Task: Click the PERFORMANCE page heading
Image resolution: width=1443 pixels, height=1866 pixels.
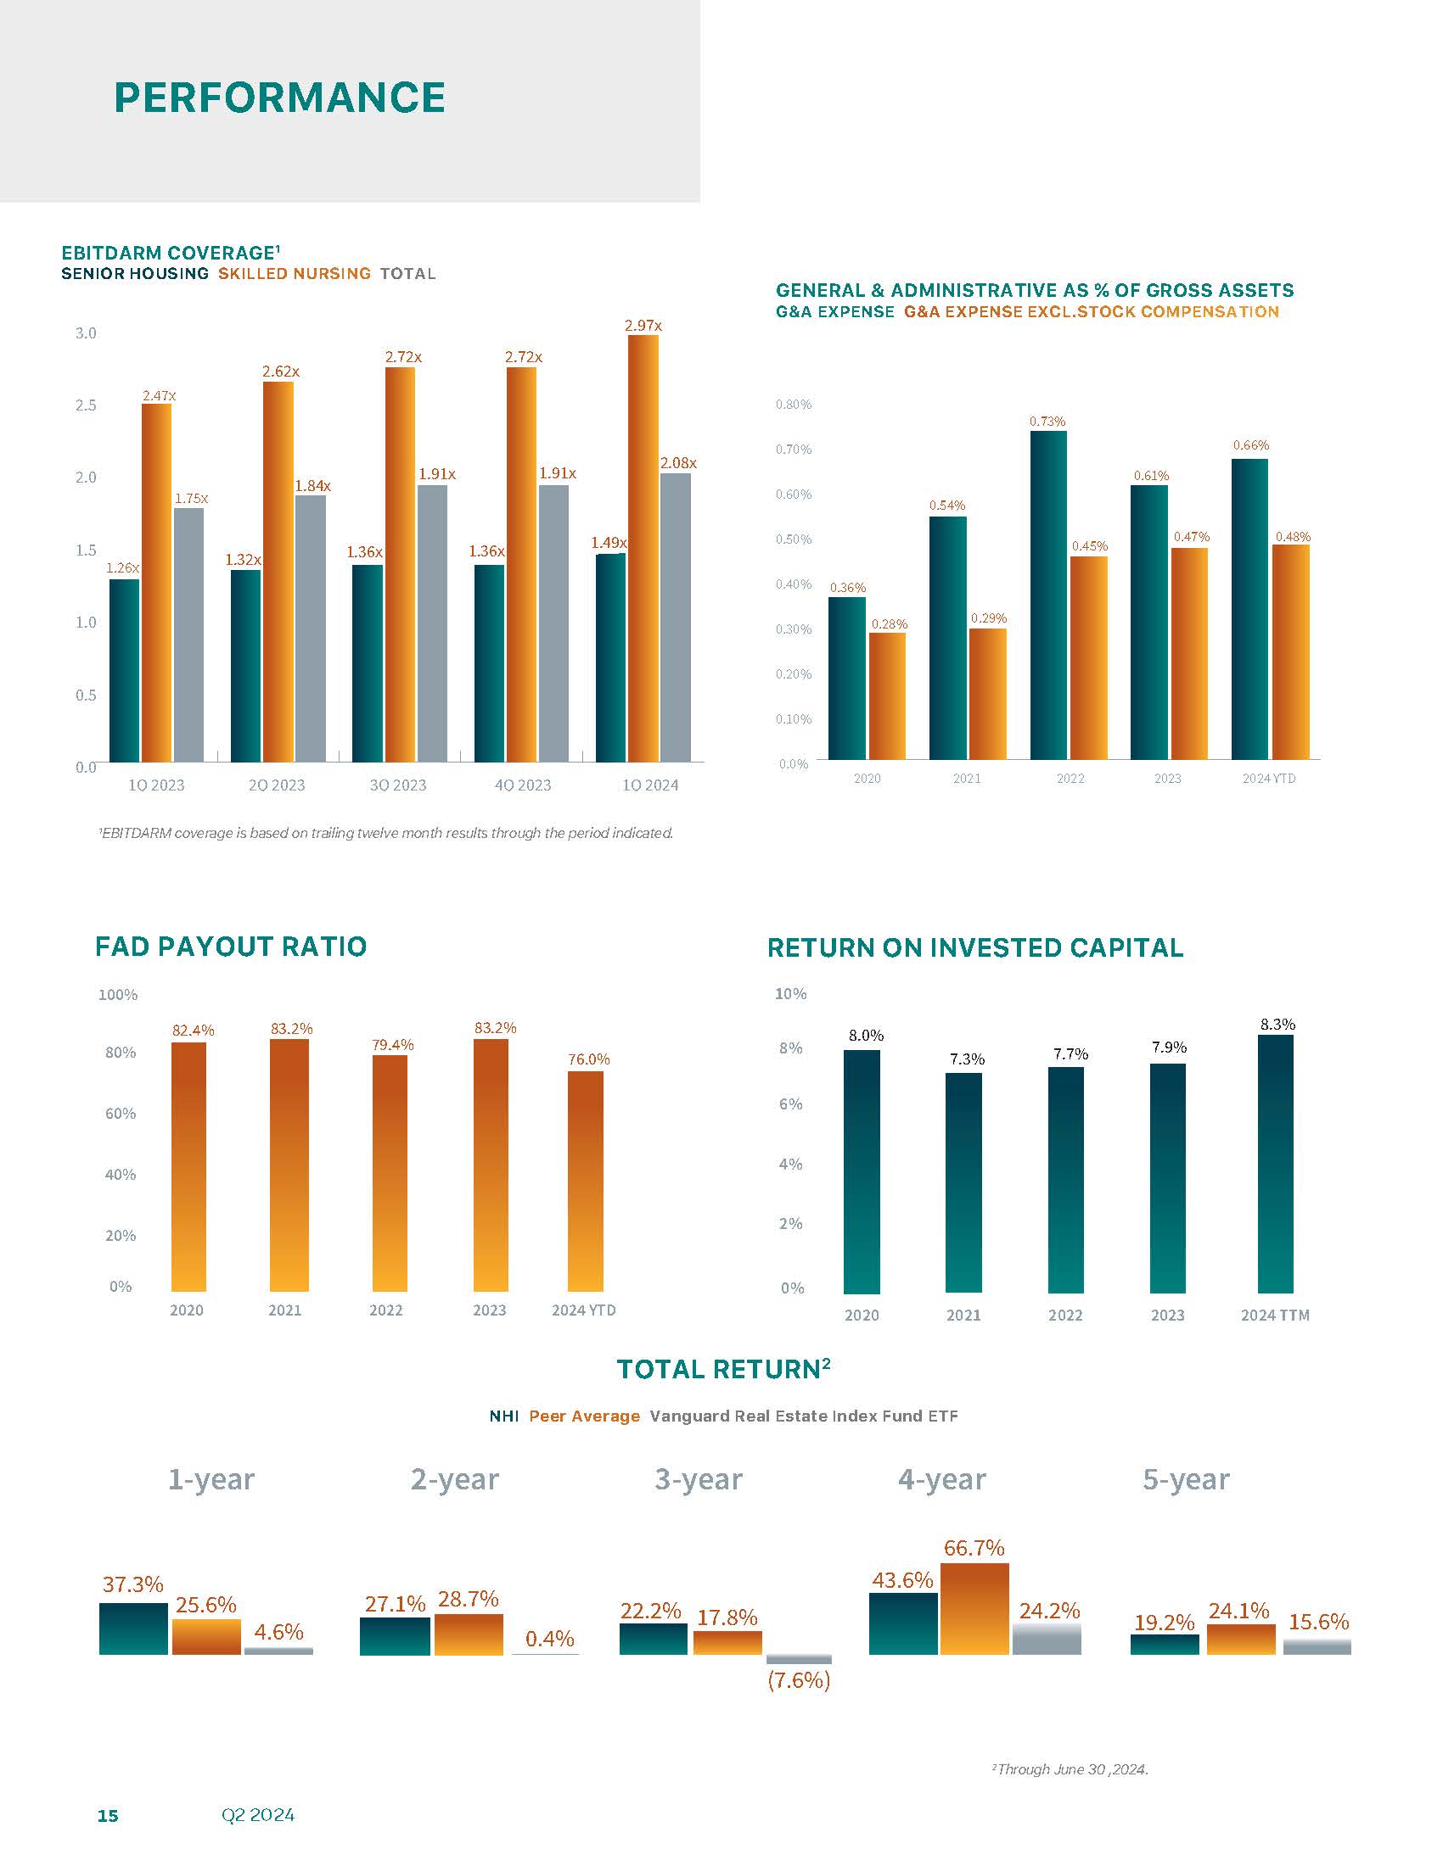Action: [x=279, y=98]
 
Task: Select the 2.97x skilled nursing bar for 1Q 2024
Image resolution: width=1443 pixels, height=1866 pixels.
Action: [x=643, y=547]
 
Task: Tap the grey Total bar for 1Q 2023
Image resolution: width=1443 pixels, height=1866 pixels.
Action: [x=189, y=634]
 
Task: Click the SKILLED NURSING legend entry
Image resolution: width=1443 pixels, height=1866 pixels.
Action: [x=294, y=273]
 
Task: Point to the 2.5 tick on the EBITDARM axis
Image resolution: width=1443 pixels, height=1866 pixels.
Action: [x=86, y=405]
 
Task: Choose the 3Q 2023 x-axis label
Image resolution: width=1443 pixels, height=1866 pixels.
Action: [x=397, y=785]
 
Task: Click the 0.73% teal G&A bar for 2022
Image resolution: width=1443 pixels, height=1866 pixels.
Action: [x=1048, y=595]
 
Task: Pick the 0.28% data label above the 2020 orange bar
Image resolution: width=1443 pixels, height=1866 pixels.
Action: [x=889, y=624]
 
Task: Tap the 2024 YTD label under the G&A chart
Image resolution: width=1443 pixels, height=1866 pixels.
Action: [x=1269, y=779]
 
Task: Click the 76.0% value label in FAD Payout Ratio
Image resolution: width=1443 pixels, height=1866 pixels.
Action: [x=589, y=1059]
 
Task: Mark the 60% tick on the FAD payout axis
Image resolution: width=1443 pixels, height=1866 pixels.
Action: [x=121, y=1114]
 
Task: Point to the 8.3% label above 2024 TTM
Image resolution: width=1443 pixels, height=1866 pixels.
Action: [x=1277, y=1024]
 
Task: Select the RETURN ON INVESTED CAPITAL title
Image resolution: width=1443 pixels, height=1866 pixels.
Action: [x=974, y=947]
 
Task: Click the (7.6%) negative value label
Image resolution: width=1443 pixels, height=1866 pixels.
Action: [x=799, y=1680]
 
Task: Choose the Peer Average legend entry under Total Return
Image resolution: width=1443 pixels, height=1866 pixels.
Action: [x=584, y=1416]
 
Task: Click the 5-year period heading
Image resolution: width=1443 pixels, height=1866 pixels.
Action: [x=1186, y=1479]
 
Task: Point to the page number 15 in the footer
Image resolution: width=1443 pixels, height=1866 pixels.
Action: [x=108, y=1816]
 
